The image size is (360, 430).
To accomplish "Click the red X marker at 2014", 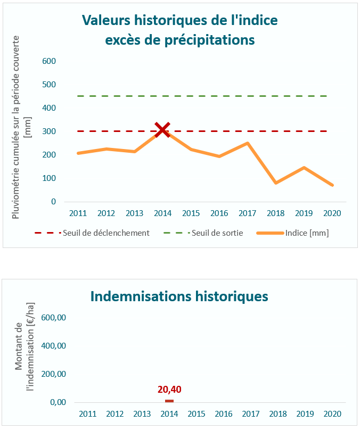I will click(162, 129).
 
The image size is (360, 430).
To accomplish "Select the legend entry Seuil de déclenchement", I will click(105, 233).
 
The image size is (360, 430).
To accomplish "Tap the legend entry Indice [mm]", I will click(306, 233).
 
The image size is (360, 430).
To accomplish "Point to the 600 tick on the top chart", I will click(49, 61).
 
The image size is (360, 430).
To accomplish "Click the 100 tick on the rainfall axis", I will click(49, 178).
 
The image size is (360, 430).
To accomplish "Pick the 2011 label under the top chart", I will click(78, 213).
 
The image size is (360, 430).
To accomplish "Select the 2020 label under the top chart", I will click(332, 213).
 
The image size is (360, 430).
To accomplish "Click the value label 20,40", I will click(169, 389).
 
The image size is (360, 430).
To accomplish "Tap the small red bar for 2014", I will click(169, 401).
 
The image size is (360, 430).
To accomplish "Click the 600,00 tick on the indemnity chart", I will click(54, 318).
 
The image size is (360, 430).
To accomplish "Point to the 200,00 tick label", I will click(54, 374).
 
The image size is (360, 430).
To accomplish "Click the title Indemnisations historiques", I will click(179, 296).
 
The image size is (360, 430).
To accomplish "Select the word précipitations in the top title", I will click(208, 40).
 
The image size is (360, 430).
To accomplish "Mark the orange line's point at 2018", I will click(276, 183).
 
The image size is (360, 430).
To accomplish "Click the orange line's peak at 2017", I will click(248, 143).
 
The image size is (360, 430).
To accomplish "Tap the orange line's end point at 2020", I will click(332, 185).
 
